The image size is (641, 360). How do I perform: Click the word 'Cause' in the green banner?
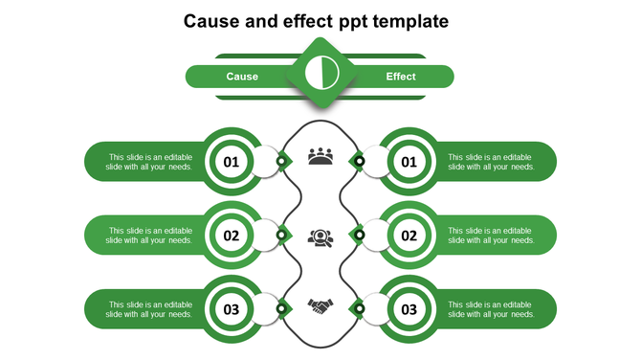click(242, 77)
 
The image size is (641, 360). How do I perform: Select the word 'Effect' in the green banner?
click(401, 77)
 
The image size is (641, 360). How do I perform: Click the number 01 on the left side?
click(232, 162)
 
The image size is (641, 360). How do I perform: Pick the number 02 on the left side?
click(232, 236)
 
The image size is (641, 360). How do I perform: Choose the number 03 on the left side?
click(232, 309)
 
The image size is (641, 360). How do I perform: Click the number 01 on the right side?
click(409, 162)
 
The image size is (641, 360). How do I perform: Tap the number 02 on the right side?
click(409, 236)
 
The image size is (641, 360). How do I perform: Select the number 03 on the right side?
click(409, 309)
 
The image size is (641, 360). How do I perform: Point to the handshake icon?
click(320, 306)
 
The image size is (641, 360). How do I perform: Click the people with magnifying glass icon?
click(320, 236)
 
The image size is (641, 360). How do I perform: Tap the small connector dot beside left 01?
click(281, 161)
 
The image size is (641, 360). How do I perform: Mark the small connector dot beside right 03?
click(360, 308)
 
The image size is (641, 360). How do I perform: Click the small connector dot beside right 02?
click(360, 235)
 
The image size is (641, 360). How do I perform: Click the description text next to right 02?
click(491, 236)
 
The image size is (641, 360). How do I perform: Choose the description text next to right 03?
click(491, 309)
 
